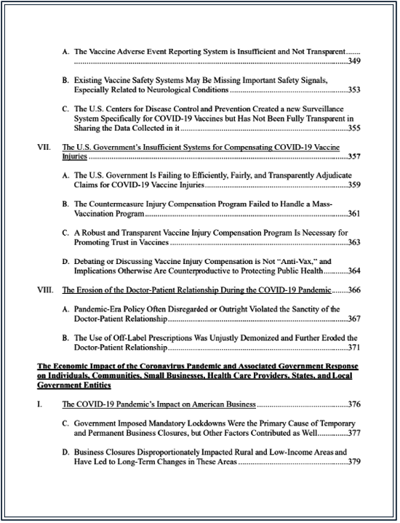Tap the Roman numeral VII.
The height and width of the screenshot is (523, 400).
[45, 146]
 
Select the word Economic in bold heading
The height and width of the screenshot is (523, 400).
[75, 366]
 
